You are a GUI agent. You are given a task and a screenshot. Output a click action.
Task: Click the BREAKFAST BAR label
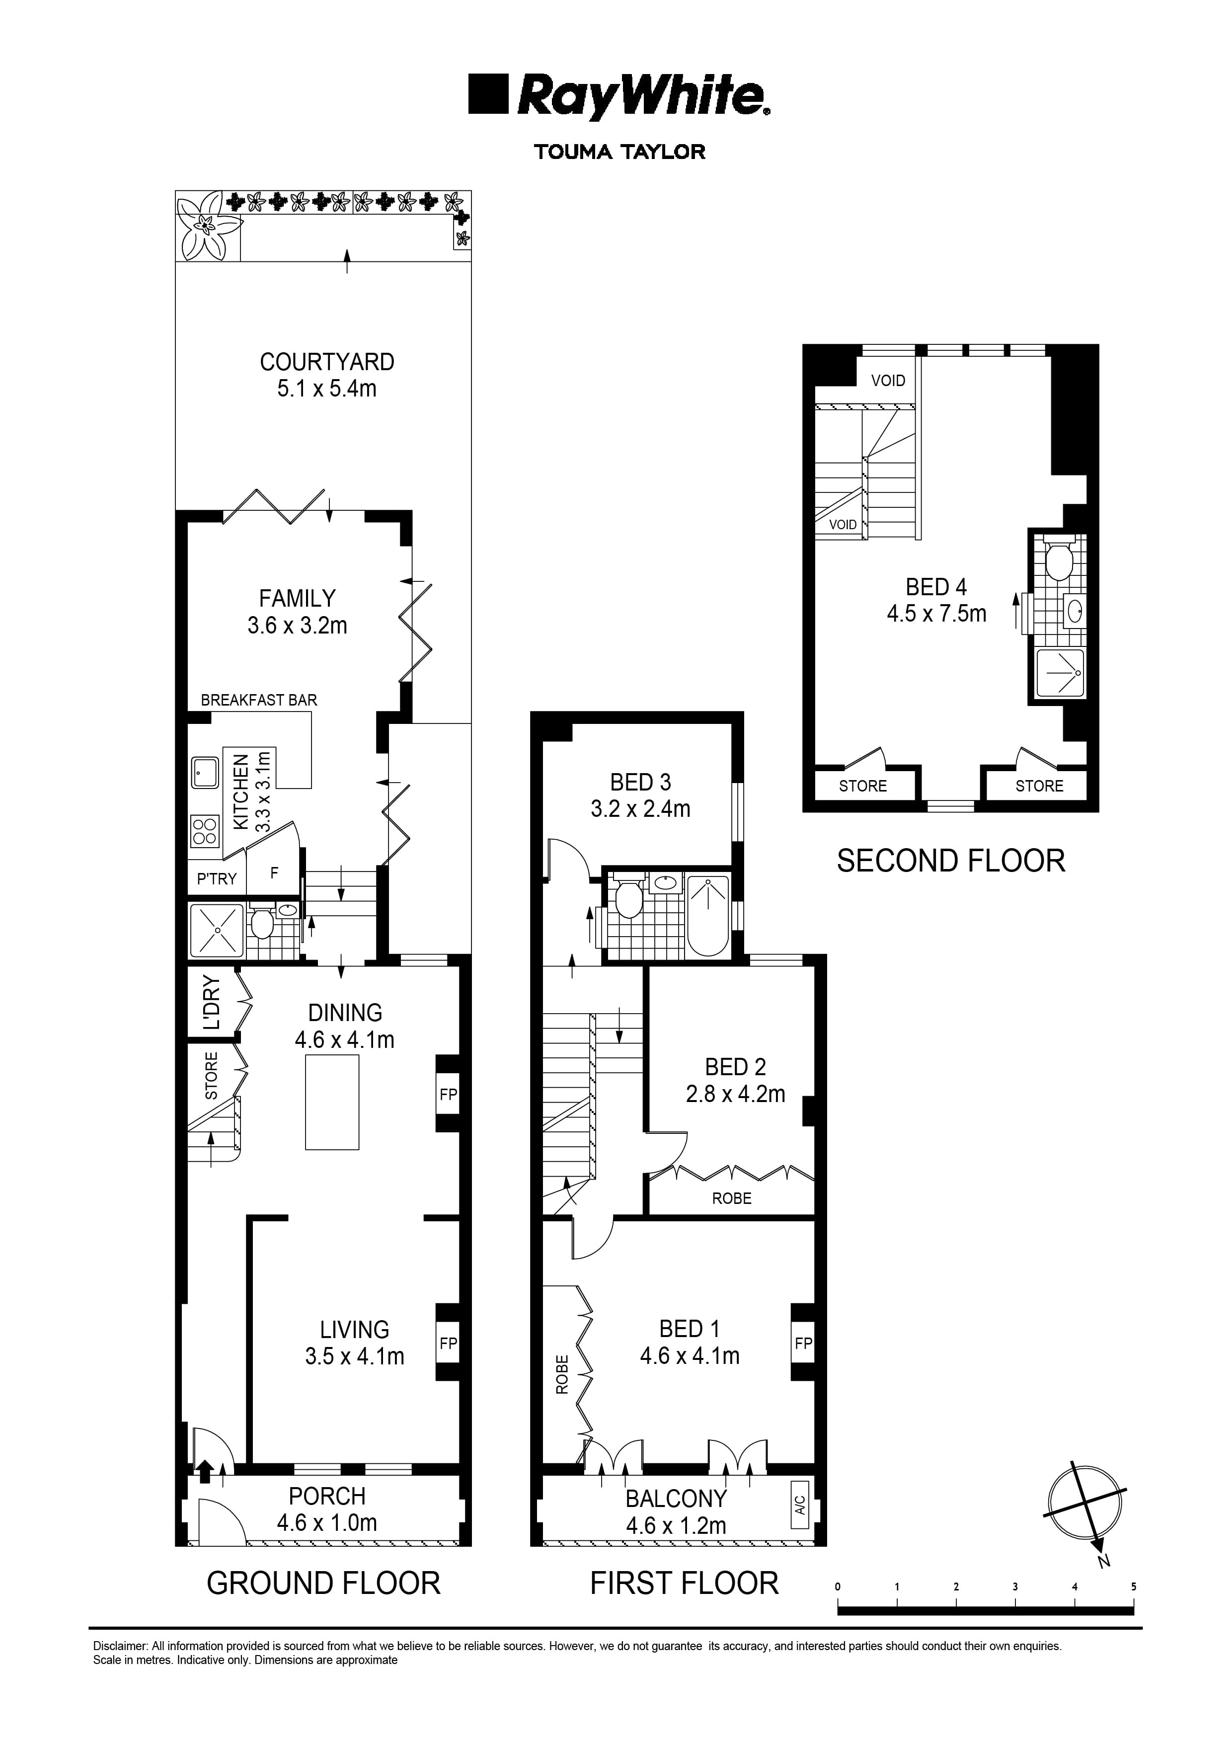(x=259, y=700)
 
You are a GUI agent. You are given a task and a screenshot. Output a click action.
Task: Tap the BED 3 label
(x=640, y=782)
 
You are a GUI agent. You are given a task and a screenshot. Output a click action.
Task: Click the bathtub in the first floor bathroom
(x=707, y=915)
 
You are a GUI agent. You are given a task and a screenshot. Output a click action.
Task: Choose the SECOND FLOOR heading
(x=950, y=861)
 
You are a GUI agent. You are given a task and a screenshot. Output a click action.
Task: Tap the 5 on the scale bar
(x=1133, y=1586)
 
